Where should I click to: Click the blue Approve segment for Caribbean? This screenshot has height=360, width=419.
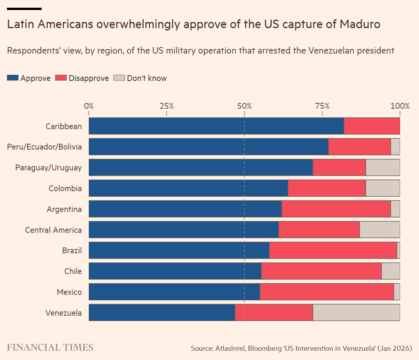(x=216, y=126)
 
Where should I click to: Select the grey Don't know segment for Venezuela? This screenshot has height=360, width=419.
(x=356, y=313)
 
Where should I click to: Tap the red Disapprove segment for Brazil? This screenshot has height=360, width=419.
(x=333, y=251)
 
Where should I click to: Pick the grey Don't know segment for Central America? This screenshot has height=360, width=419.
(x=380, y=230)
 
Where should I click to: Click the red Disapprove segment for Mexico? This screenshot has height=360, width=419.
(x=327, y=292)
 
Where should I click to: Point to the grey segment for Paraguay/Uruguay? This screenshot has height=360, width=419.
(x=383, y=168)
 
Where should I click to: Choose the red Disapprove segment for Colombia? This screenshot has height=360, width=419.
(x=327, y=188)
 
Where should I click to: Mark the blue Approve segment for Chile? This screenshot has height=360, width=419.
(x=175, y=271)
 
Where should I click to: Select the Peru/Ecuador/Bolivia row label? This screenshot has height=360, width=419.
(x=44, y=147)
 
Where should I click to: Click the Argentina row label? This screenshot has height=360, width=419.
(x=64, y=209)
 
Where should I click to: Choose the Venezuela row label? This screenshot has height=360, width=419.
(x=64, y=313)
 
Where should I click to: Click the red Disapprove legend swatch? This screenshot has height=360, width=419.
(x=61, y=78)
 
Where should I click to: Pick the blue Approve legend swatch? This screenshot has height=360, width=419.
(x=13, y=78)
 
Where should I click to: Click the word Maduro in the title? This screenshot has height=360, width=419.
(x=360, y=24)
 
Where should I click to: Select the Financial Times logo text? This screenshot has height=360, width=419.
(x=50, y=347)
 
